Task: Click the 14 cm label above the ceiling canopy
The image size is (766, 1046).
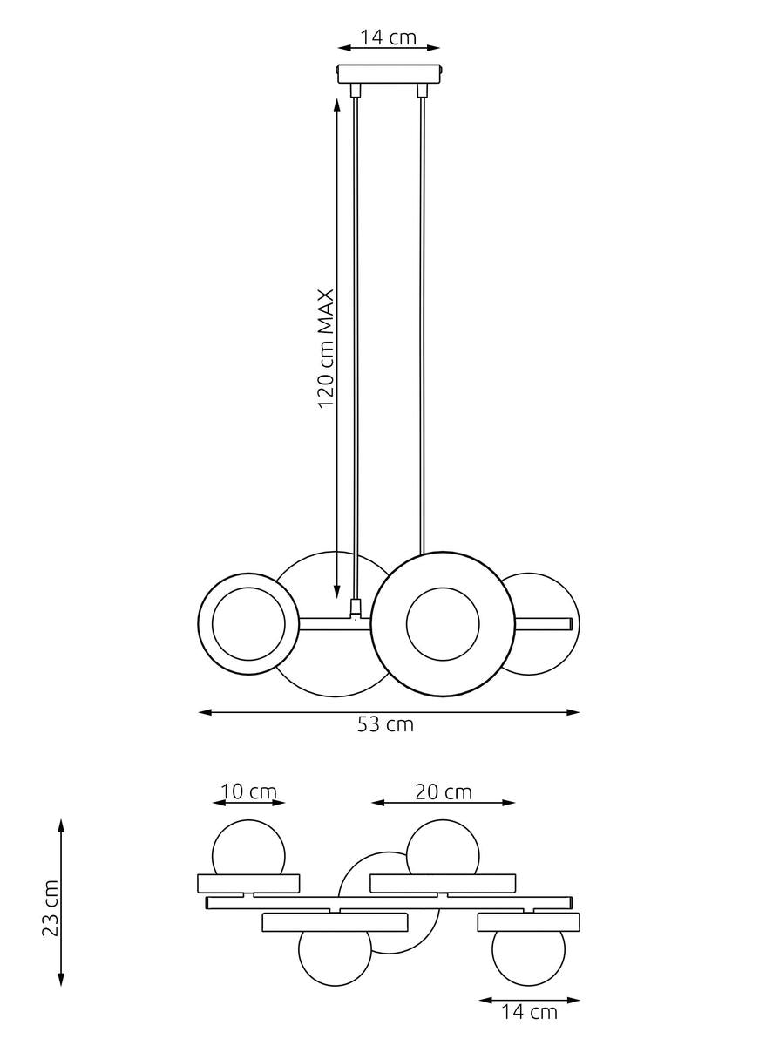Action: pos(389,37)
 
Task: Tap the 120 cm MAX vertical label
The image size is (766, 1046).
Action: pos(326,349)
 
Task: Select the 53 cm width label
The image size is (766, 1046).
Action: pos(385,724)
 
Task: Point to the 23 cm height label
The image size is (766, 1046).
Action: pos(51,907)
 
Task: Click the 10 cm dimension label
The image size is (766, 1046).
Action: pos(248,791)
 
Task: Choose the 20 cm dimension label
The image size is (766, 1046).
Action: pos(443,791)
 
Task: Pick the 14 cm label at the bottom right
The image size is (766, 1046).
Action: pos(529,1012)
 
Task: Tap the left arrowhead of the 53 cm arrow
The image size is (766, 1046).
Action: pos(204,712)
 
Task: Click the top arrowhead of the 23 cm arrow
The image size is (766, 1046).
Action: pos(60,823)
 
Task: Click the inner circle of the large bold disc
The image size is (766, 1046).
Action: pos(442,623)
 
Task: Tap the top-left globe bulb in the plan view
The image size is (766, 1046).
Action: pos(248,848)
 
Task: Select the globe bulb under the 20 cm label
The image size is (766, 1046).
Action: pos(443,847)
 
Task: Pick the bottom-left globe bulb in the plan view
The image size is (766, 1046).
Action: pos(335,957)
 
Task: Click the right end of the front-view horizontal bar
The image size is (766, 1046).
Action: pos(569,623)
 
